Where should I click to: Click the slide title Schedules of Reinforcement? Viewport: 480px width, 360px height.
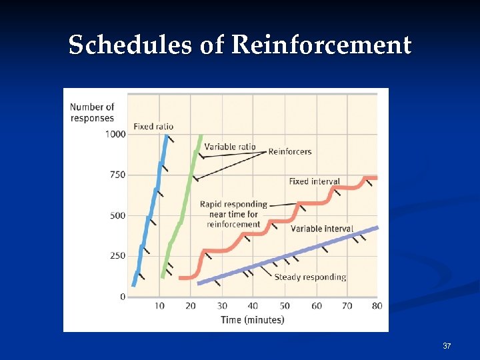(240, 45)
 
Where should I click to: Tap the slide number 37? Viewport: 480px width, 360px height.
(447, 346)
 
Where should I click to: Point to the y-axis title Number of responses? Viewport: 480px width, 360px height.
(92, 112)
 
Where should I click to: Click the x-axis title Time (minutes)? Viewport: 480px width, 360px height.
(252, 320)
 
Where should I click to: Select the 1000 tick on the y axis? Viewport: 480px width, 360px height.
(115, 134)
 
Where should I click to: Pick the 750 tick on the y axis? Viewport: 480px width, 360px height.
(117, 175)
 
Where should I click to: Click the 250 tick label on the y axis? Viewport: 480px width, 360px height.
(117, 256)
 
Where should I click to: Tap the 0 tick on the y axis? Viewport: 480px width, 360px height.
(122, 297)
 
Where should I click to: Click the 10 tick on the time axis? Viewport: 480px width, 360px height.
(159, 306)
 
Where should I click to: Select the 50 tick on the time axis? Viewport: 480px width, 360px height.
(285, 306)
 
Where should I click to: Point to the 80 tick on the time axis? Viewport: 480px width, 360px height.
(377, 306)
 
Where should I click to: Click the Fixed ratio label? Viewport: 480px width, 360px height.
(153, 126)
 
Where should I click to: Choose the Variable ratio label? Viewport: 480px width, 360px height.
(229, 147)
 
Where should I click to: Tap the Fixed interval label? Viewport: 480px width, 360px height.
(314, 181)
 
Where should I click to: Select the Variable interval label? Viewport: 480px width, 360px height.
(321, 229)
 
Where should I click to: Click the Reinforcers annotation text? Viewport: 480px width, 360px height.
(289, 151)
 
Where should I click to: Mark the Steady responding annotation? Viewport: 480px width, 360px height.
(310, 277)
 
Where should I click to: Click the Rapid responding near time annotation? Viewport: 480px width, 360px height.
(233, 214)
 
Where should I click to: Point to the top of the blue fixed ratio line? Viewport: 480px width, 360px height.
(165, 135)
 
